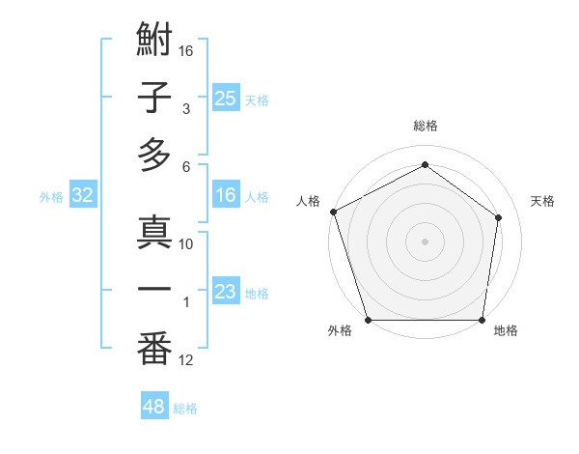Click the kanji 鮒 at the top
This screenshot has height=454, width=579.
point(154,43)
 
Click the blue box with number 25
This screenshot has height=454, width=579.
point(225,98)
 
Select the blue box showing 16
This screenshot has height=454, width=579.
point(225,196)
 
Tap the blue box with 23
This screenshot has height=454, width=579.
point(225,292)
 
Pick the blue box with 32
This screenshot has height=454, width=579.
point(83,196)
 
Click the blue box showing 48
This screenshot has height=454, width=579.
point(153,407)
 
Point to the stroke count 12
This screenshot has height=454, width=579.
point(186,360)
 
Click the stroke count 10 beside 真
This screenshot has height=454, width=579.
point(186,244)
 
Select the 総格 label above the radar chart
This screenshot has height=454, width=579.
point(425,126)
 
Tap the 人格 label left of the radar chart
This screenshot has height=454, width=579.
point(309,201)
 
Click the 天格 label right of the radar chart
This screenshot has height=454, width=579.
point(543,201)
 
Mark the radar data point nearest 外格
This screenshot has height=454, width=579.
point(368,320)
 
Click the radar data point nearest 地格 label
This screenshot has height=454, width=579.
point(482,320)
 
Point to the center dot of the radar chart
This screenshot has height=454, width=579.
point(425,241)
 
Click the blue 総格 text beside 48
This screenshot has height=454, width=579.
point(185,409)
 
